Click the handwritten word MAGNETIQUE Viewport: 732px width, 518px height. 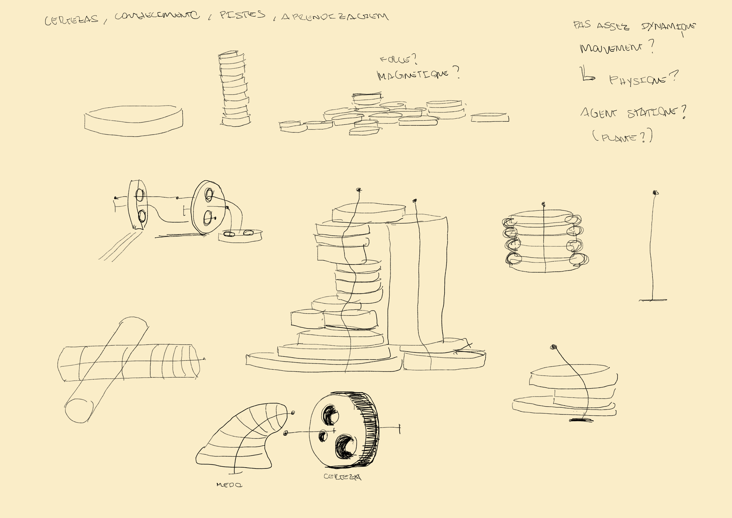tap(413, 75)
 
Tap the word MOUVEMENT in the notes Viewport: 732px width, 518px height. tap(610, 48)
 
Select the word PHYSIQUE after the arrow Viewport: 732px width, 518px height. tap(638, 80)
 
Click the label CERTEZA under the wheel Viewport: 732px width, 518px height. tap(342, 477)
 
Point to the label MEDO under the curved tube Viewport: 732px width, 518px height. tap(229, 485)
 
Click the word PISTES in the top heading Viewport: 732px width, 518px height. tap(242, 15)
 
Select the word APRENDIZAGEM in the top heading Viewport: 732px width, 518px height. tap(335, 17)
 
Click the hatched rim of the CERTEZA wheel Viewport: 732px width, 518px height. tap(367, 427)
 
